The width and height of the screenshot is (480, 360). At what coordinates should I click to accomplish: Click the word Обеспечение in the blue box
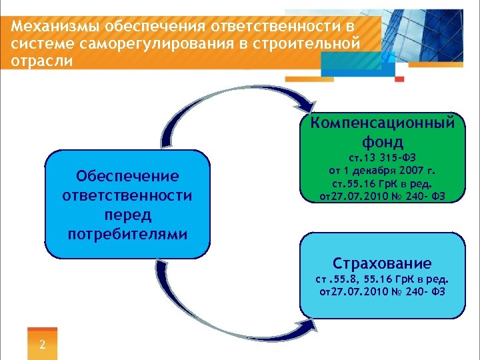tap(127, 176)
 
